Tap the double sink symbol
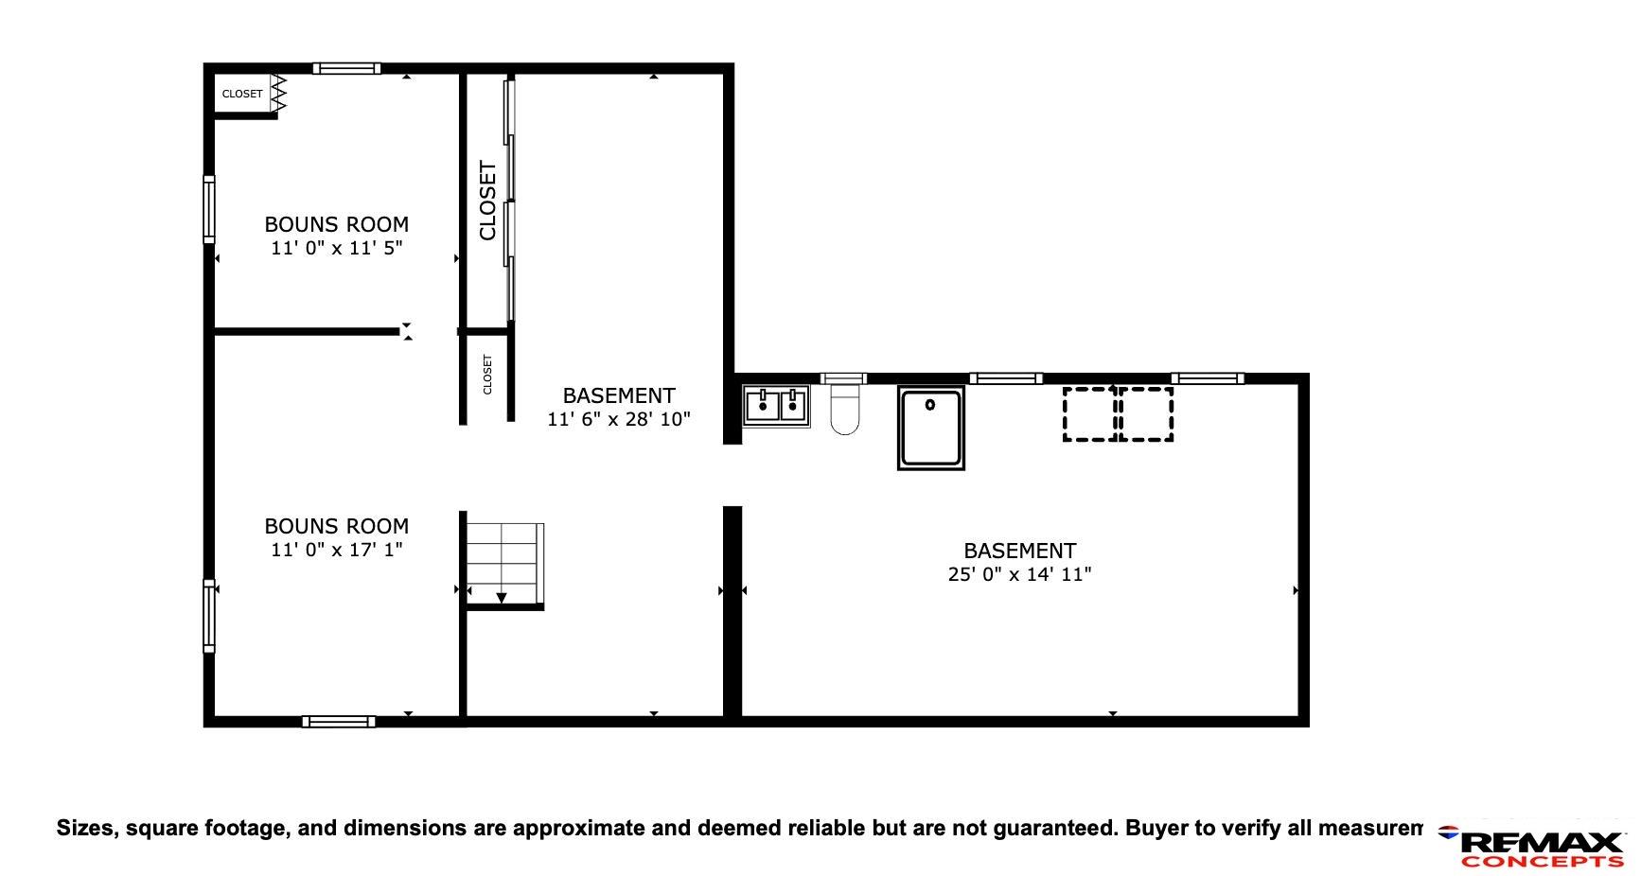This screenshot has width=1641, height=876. pyautogui.click(x=776, y=406)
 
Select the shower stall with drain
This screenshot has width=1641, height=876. pyautogui.click(x=931, y=428)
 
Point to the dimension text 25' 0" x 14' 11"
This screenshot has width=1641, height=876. pyautogui.click(x=1019, y=574)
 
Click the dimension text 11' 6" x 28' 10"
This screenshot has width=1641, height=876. pyautogui.click(x=619, y=419)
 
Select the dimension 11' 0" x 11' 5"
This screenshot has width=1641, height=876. pyautogui.click(x=337, y=248)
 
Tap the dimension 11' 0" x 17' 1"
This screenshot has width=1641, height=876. pyautogui.click(x=337, y=550)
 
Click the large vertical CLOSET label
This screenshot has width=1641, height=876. pyautogui.click(x=487, y=201)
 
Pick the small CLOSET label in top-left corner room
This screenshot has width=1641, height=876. pyautogui.click(x=242, y=94)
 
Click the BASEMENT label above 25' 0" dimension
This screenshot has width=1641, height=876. pyautogui.click(x=1019, y=551)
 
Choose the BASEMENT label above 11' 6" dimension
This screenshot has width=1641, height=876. pyautogui.click(x=619, y=395)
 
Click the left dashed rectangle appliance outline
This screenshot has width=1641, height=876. pyautogui.click(x=1089, y=413)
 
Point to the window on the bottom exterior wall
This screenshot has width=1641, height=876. pyautogui.click(x=339, y=722)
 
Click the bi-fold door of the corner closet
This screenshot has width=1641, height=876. pyautogui.click(x=278, y=93)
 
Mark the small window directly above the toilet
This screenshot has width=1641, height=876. pyautogui.click(x=843, y=378)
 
